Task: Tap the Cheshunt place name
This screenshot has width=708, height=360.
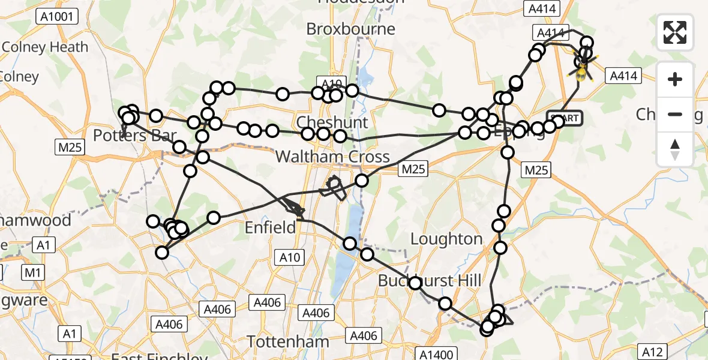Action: pyautogui.click(x=332, y=123)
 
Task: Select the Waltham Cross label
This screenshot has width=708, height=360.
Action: pyautogui.click(x=332, y=157)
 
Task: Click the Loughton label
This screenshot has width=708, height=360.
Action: pyautogui.click(x=446, y=239)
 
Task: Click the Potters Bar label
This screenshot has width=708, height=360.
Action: pyautogui.click(x=135, y=136)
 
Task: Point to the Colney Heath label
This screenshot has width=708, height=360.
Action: pyautogui.click(x=46, y=47)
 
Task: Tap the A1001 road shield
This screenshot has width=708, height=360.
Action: pyautogui.click(x=57, y=16)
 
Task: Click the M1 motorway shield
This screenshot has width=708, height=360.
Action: pyautogui.click(x=32, y=274)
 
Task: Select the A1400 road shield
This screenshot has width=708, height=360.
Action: pyautogui.click(x=437, y=354)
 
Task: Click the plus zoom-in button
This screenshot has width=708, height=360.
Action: pyautogui.click(x=675, y=79)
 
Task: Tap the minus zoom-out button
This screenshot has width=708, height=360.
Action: pyautogui.click(x=675, y=114)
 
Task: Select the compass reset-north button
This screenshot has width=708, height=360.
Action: pyautogui.click(x=675, y=149)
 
